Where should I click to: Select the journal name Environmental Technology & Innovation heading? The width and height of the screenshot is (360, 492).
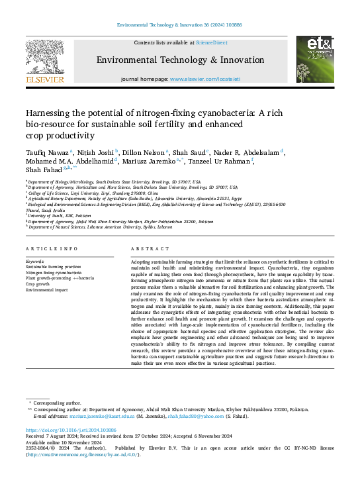tap(180, 60)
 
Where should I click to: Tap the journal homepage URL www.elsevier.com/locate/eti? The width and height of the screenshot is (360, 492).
tap(205, 79)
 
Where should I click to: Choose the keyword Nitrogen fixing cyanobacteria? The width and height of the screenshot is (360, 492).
tap(56, 272)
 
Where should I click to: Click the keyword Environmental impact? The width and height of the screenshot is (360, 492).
tap(47, 290)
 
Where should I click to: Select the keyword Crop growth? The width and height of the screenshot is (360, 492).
tap(39, 284)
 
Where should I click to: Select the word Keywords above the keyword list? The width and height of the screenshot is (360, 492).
tap(34, 261)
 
